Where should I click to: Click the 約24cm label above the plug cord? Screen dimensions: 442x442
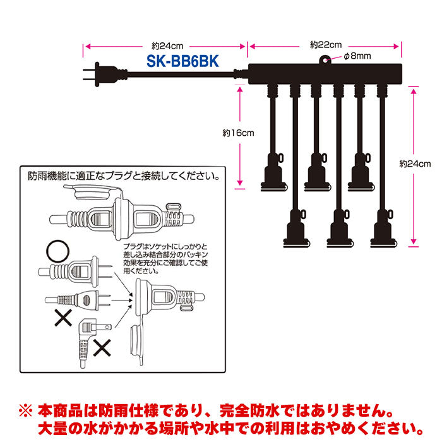click(x=165, y=45)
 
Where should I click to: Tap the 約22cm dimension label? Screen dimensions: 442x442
click(x=326, y=45)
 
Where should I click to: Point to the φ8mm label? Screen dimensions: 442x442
click(x=357, y=57)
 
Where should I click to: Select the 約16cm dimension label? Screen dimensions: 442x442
click(x=238, y=133)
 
